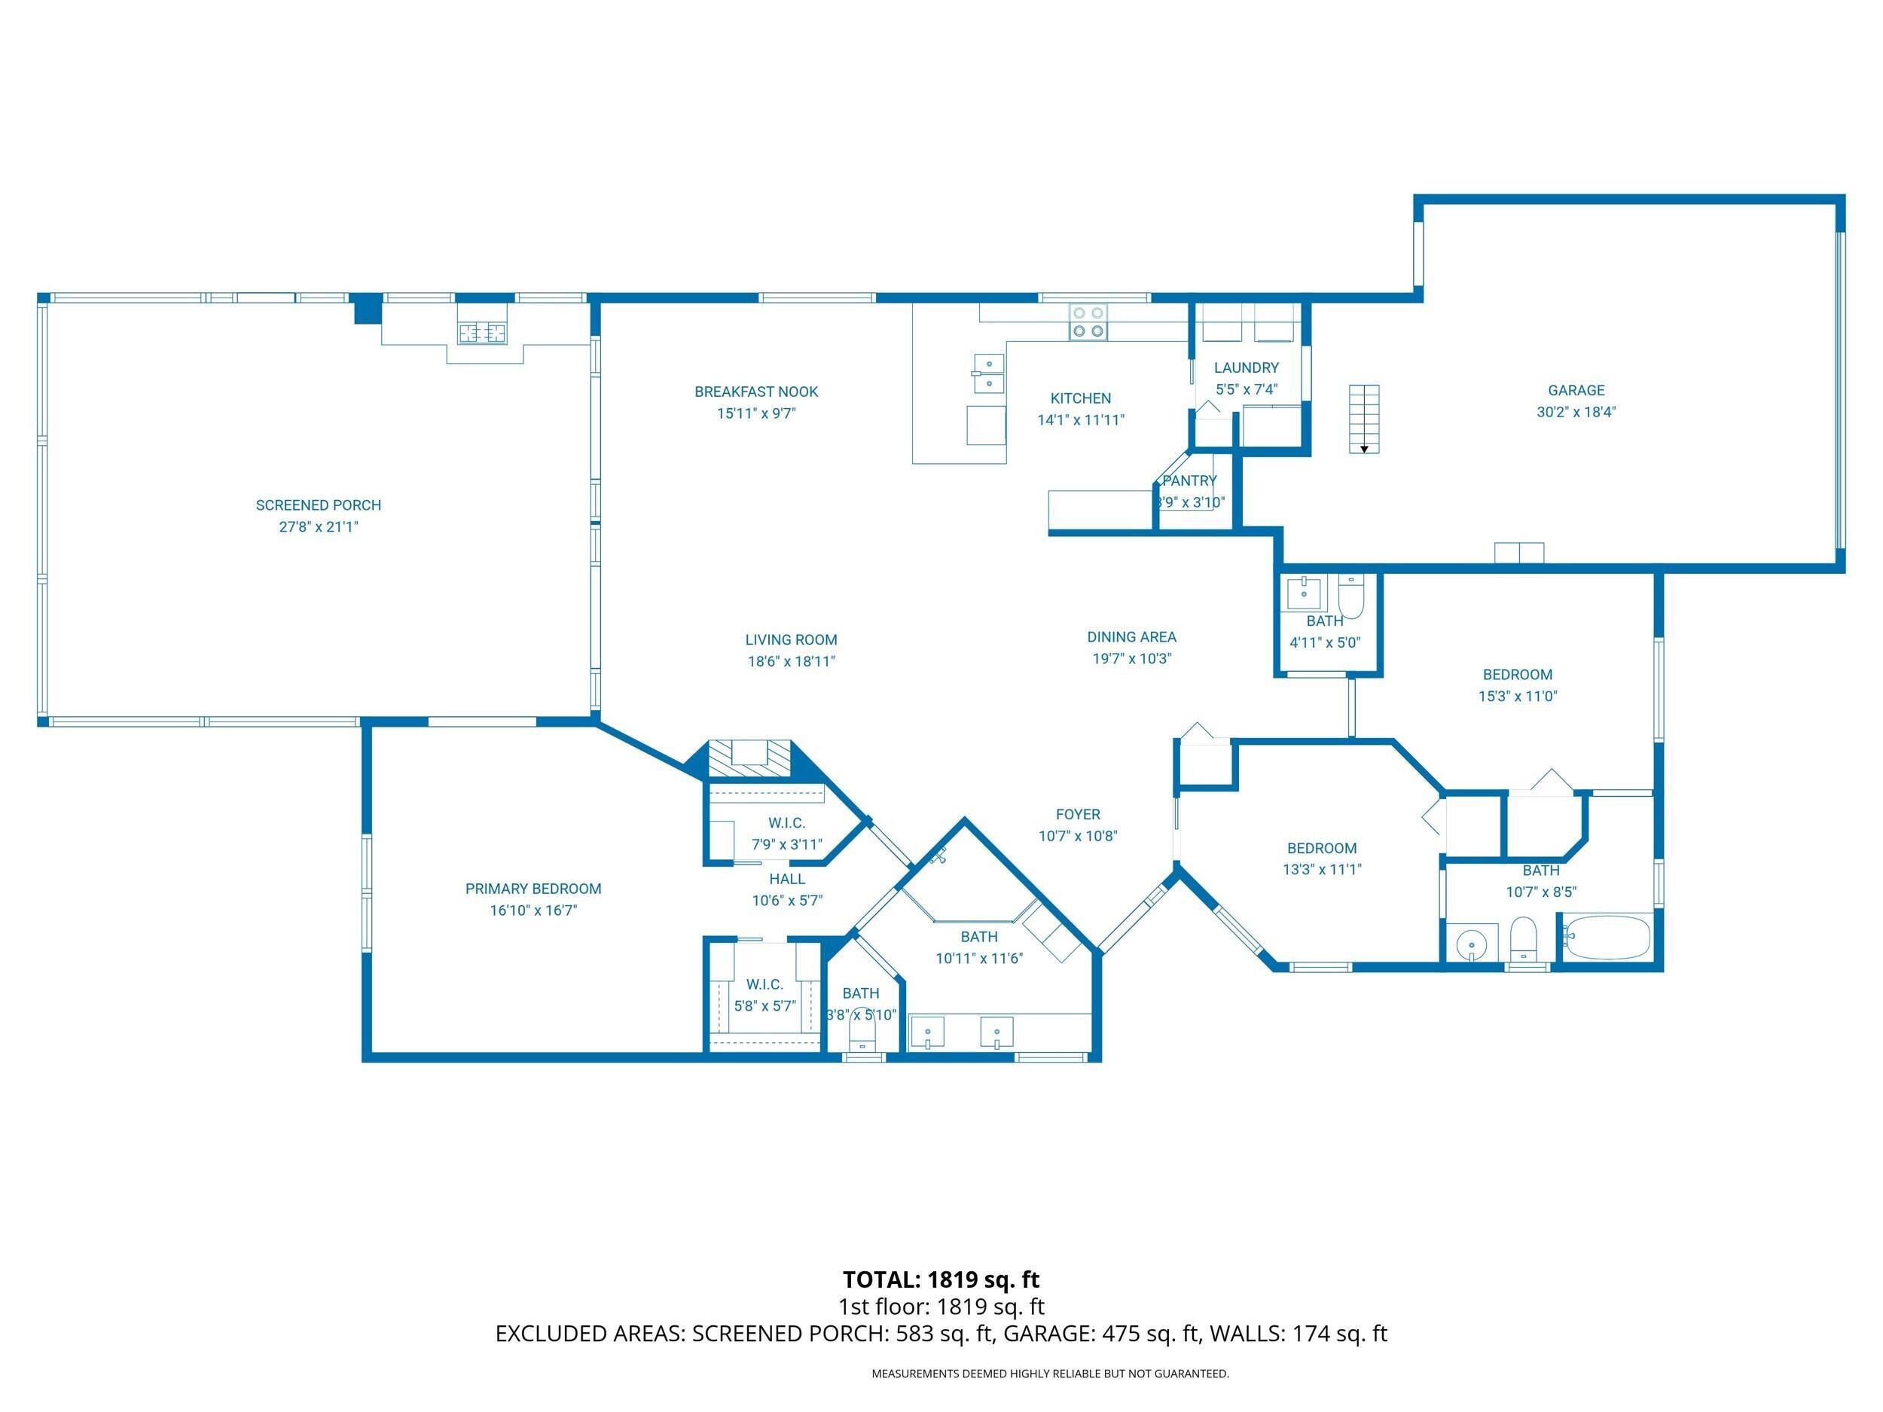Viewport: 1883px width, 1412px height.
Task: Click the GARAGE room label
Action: pyautogui.click(x=1576, y=390)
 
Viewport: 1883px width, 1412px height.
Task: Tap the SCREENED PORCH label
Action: pyautogui.click(x=319, y=505)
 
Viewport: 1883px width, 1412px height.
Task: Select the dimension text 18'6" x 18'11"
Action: pyautogui.click(x=791, y=661)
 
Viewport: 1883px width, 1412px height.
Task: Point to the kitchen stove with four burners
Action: pyautogui.click(x=1088, y=322)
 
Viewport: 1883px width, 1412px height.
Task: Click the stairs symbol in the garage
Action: pyautogui.click(x=1364, y=419)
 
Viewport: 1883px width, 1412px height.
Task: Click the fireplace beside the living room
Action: pyautogui.click(x=750, y=758)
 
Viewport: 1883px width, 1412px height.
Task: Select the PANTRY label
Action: pyautogui.click(x=1189, y=480)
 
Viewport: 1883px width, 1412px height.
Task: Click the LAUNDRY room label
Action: pyautogui.click(x=1247, y=367)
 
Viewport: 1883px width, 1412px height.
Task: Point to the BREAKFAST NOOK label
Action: pyautogui.click(x=756, y=392)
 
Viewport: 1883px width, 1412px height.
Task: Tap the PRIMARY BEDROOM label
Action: pyautogui.click(x=533, y=889)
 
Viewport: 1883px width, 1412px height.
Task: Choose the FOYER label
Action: pyautogui.click(x=1078, y=815)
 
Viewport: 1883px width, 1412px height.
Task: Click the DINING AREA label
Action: pyautogui.click(x=1131, y=636)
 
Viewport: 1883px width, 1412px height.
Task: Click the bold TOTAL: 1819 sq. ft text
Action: pyautogui.click(x=941, y=1279)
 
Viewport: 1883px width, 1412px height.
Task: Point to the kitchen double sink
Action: pyautogui.click(x=988, y=374)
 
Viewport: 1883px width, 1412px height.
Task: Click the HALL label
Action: pyautogui.click(x=786, y=878)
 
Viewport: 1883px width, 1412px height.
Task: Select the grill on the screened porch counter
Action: pyautogui.click(x=484, y=333)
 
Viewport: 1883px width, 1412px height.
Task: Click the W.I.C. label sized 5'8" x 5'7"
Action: pyautogui.click(x=764, y=984)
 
